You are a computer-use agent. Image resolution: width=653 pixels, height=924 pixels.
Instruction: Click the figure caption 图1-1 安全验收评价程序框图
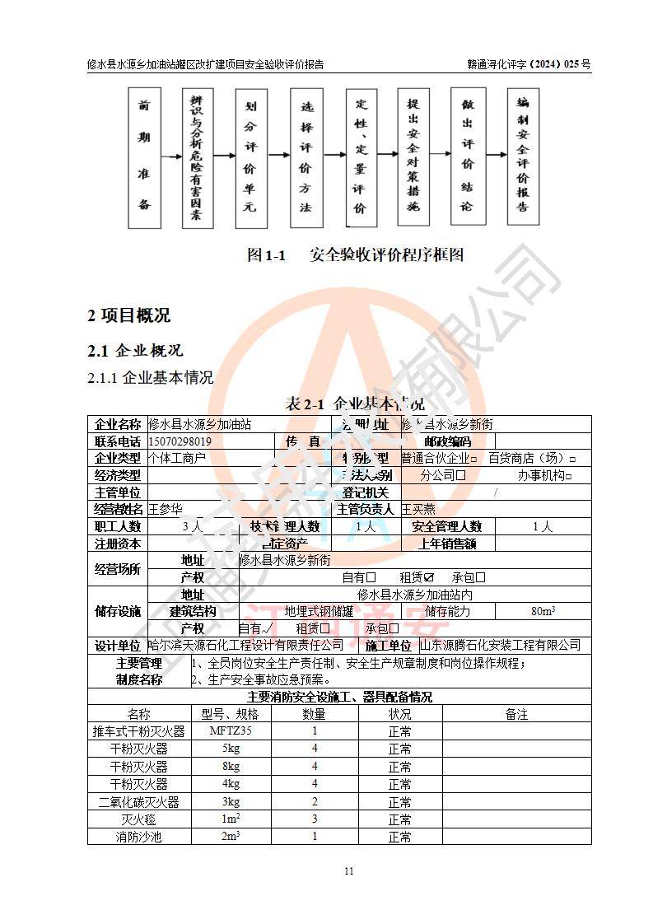(x=356, y=255)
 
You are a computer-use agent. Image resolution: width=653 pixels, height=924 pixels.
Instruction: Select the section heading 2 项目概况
(x=129, y=315)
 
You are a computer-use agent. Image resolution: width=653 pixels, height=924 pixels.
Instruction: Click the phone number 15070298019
(x=180, y=441)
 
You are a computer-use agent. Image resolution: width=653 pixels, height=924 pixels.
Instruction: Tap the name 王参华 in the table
(x=165, y=509)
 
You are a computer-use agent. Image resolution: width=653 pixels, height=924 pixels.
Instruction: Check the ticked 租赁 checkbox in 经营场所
(x=428, y=578)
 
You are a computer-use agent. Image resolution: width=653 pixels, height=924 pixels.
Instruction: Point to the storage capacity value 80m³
(x=543, y=611)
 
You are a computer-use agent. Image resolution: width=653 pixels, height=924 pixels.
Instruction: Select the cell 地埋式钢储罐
(x=319, y=611)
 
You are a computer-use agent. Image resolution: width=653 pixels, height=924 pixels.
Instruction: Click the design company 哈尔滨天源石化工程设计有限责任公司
(x=245, y=645)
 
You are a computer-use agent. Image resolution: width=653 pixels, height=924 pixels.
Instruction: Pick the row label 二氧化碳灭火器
(x=139, y=802)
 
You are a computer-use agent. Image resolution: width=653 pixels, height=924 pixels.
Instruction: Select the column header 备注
(x=516, y=714)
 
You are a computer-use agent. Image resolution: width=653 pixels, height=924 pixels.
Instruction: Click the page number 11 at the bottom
(x=348, y=871)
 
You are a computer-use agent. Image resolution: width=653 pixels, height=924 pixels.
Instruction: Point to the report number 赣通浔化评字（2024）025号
(x=529, y=63)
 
